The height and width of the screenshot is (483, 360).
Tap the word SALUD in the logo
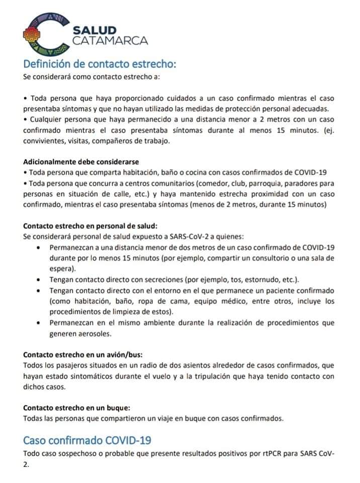[x=95, y=31]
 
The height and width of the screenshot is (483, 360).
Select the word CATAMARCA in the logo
[x=110, y=41]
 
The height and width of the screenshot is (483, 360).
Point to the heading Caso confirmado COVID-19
[x=87, y=440]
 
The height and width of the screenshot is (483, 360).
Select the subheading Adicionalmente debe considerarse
[x=81, y=162]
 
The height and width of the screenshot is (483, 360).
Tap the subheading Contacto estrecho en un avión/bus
[x=86, y=354]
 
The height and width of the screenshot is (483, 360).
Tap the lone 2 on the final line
[x=26, y=465]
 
